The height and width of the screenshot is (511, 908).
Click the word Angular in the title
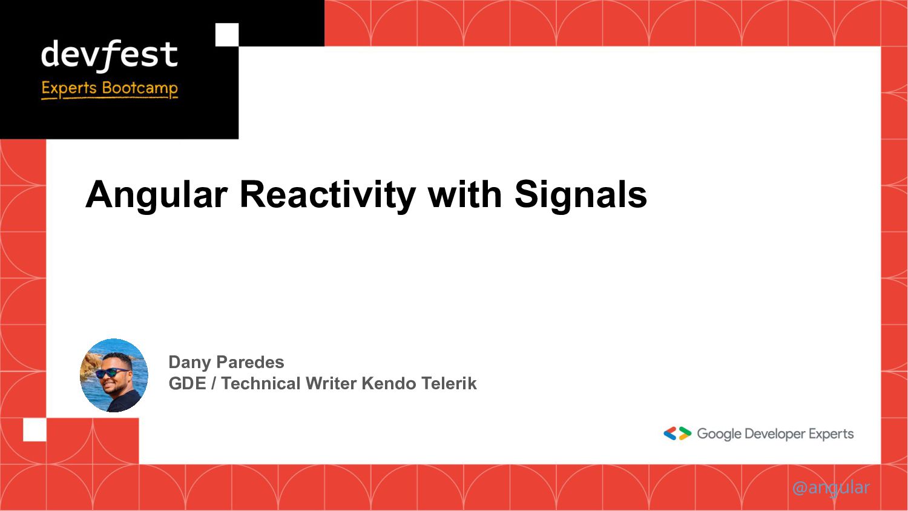[x=156, y=195]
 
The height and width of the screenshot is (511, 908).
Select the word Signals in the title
[x=581, y=195]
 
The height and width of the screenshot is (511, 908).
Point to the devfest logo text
[x=110, y=55]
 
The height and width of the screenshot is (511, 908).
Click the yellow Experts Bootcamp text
[x=110, y=88]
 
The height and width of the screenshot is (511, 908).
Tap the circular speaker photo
[x=114, y=375]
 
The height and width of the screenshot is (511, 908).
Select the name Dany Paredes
[x=226, y=362]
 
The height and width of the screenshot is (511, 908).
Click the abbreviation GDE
[x=187, y=383]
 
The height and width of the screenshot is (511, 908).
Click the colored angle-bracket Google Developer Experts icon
[x=677, y=434]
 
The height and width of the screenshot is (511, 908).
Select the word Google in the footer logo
[x=719, y=434]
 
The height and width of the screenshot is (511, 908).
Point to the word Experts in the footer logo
[x=831, y=434]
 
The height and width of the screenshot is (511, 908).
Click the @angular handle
[x=831, y=487]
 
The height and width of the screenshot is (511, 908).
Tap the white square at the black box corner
[x=227, y=35]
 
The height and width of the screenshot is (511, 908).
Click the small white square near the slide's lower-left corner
[x=35, y=430]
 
